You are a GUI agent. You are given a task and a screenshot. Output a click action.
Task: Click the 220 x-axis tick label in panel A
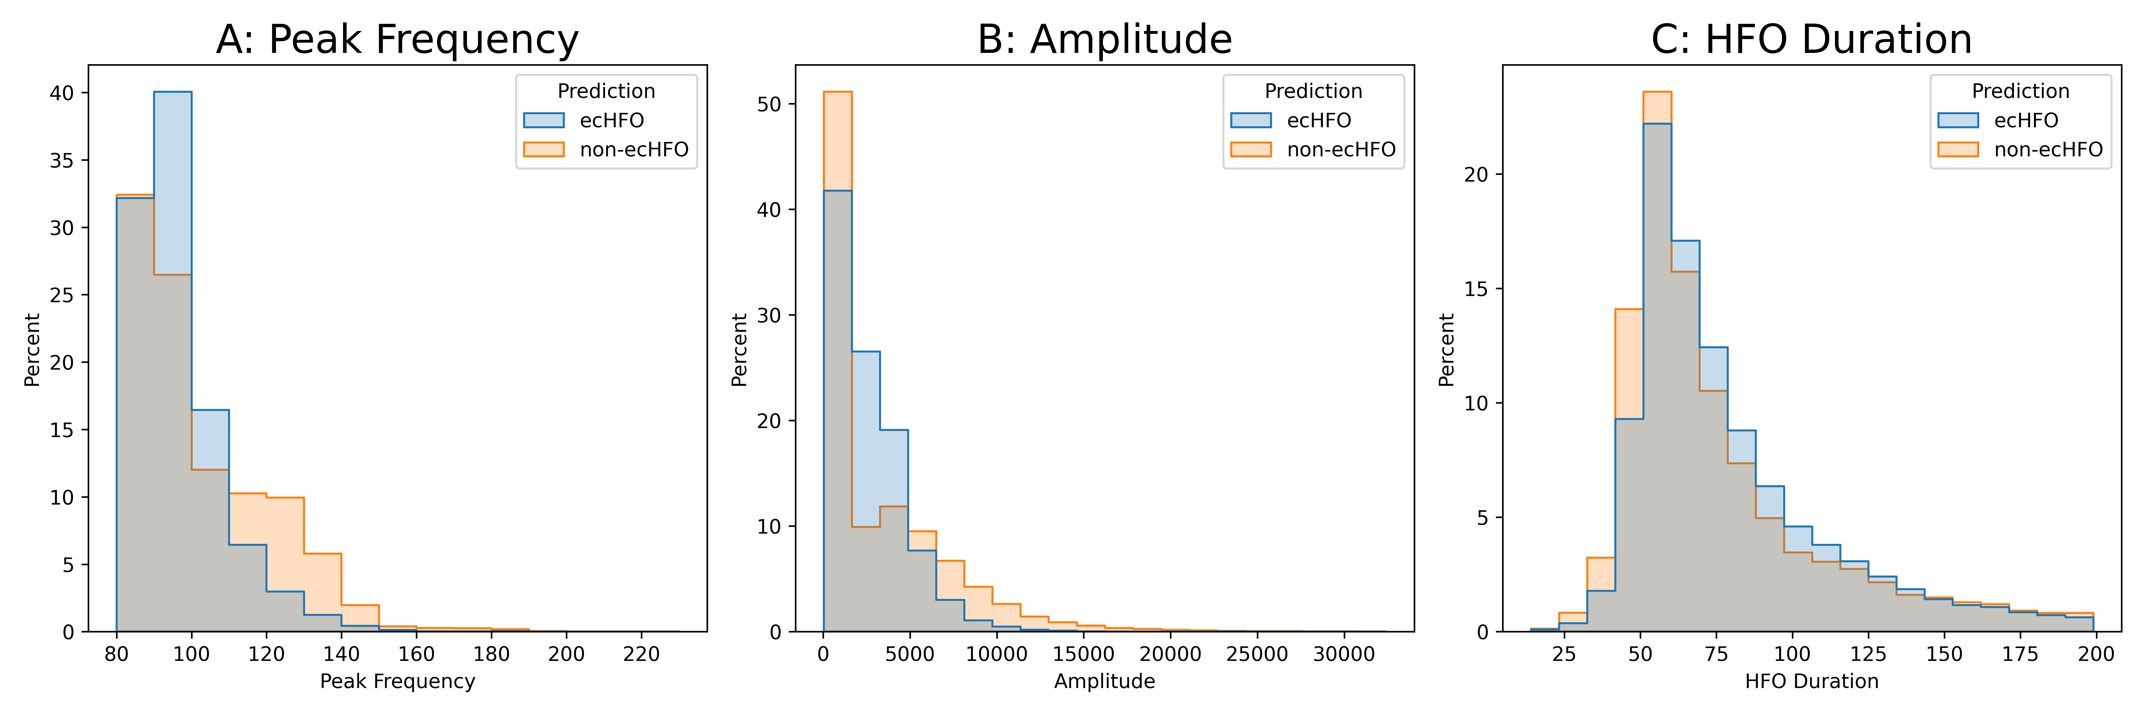[641, 654]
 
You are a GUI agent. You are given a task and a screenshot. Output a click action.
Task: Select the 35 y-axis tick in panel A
[62, 161]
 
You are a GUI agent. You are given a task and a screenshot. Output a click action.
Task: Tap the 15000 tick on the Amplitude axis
[1083, 654]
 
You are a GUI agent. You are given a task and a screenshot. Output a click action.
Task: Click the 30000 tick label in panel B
[1343, 654]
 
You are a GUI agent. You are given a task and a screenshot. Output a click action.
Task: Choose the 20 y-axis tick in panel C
[1477, 175]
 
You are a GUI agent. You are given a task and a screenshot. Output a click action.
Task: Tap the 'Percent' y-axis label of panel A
[32, 350]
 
